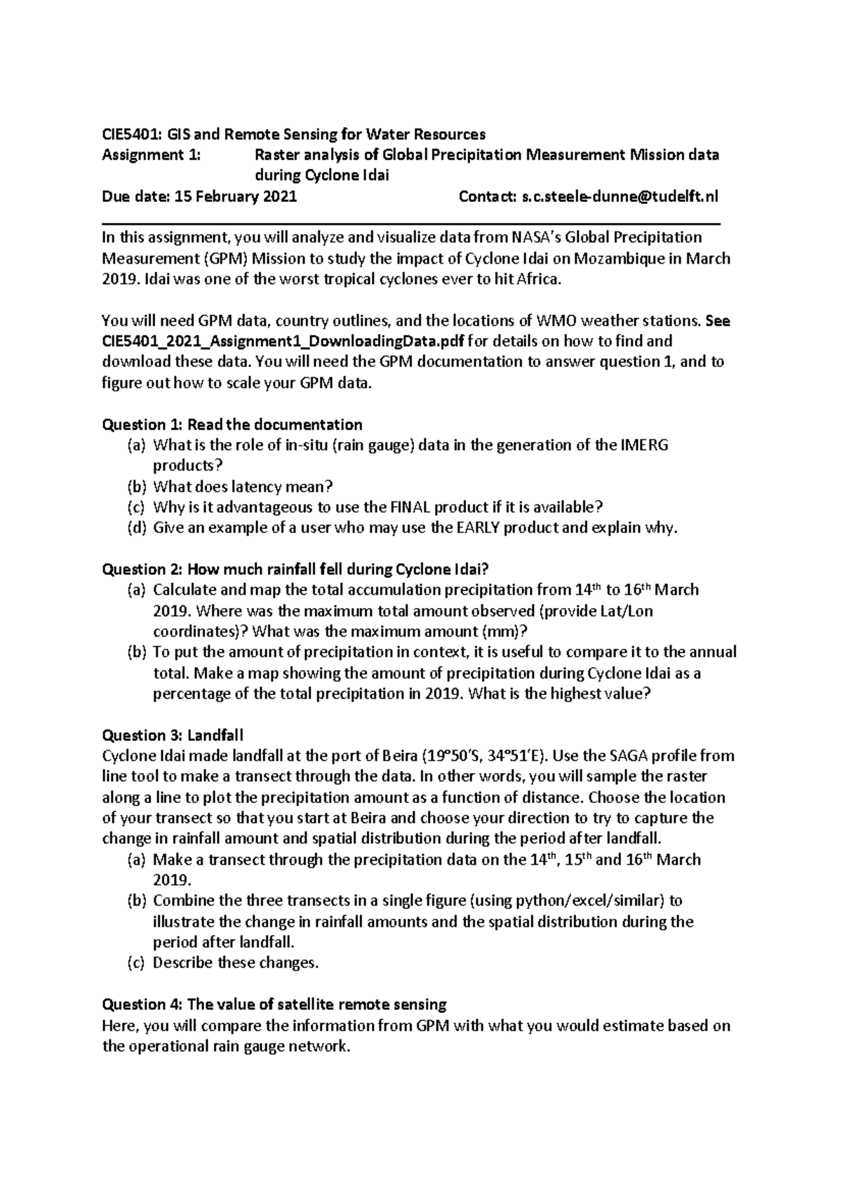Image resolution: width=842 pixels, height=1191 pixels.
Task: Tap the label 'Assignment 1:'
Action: (x=151, y=155)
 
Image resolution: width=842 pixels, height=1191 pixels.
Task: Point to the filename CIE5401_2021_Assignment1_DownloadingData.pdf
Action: (x=283, y=342)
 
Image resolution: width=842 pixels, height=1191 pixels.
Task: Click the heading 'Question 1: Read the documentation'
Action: (x=232, y=424)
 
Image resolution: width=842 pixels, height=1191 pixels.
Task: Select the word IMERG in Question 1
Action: (x=645, y=445)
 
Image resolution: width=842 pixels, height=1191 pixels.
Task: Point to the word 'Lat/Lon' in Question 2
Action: (x=627, y=611)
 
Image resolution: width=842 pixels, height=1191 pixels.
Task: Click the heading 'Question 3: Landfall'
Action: (x=173, y=735)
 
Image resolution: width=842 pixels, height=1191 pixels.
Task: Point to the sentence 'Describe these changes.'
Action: (x=236, y=963)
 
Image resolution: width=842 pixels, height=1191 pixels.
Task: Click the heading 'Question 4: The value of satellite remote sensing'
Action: (x=274, y=1004)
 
